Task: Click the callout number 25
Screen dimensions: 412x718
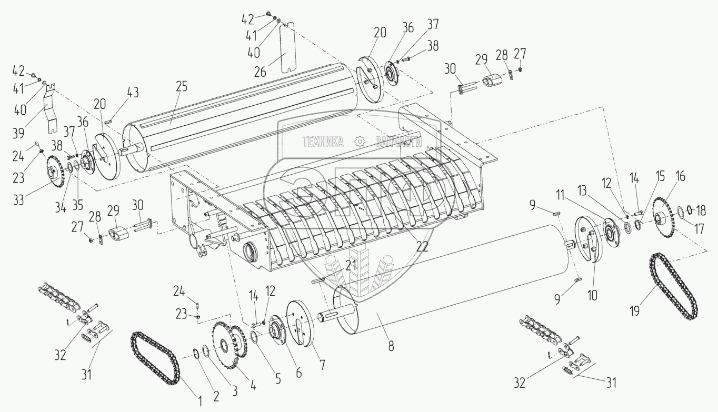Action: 182,87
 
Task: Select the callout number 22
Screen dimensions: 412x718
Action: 421,247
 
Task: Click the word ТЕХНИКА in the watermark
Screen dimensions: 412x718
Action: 322,141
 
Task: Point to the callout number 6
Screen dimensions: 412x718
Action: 298,371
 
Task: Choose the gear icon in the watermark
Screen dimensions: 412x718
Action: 360,141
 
